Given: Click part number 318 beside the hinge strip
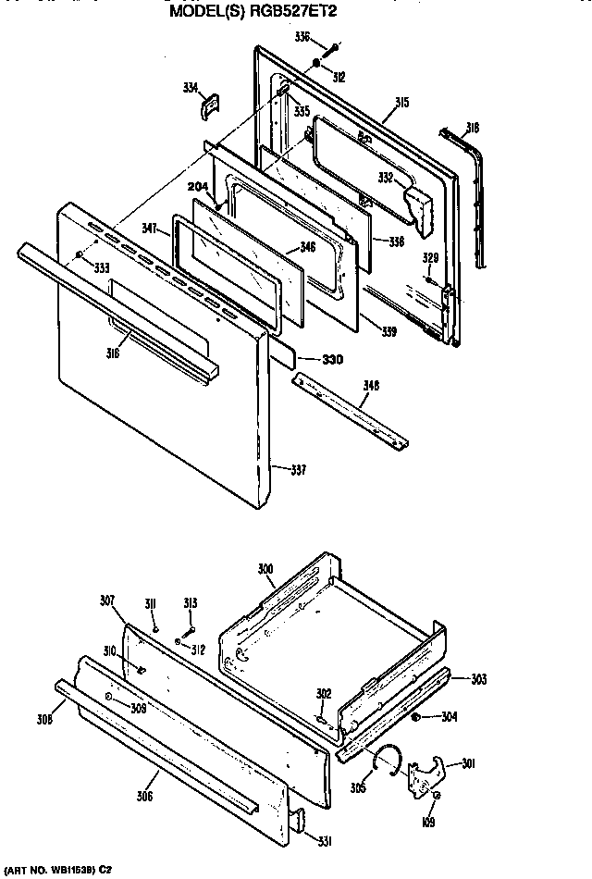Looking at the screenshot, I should click(472, 129).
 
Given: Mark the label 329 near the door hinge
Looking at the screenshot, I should click(430, 258).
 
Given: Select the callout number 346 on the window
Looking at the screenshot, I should click(308, 248).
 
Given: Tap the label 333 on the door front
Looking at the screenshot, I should click(99, 267).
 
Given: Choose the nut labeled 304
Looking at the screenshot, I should click(417, 717).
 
